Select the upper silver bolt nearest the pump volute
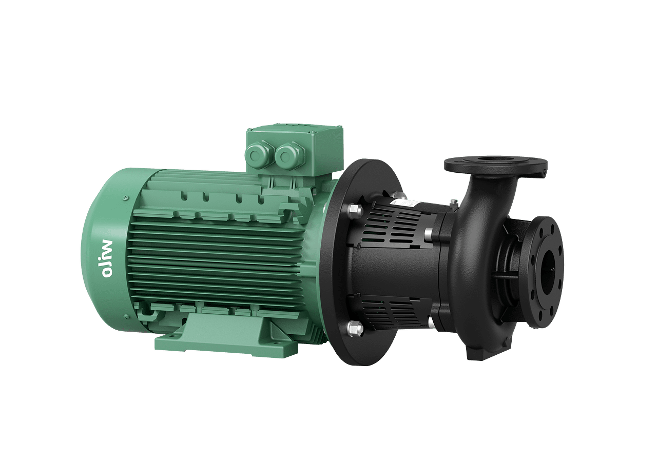click(x=430, y=230)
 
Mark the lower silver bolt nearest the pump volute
click(x=430, y=321)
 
